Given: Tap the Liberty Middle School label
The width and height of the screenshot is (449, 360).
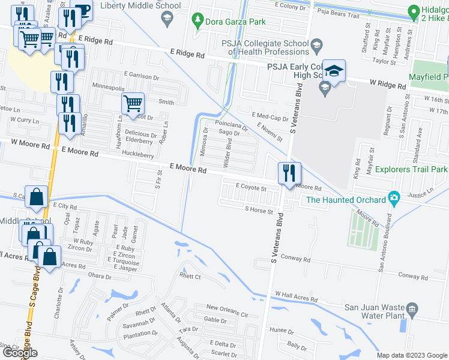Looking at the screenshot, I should click(140, 6).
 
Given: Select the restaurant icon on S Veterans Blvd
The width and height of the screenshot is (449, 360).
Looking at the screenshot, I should click(289, 173).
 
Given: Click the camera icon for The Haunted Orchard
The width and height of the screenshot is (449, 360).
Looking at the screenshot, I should click(394, 197).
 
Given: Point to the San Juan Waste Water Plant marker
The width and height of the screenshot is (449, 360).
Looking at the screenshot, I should click(412, 310).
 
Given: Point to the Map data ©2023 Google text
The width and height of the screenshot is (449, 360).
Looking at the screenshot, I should click(411, 355).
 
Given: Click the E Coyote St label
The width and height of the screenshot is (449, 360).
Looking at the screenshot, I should click(251, 188).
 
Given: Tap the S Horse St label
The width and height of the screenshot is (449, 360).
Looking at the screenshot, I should click(259, 211).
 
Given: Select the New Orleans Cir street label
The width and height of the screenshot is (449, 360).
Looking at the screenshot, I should click(227, 314).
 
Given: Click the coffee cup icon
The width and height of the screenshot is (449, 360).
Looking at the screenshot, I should click(82, 10).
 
